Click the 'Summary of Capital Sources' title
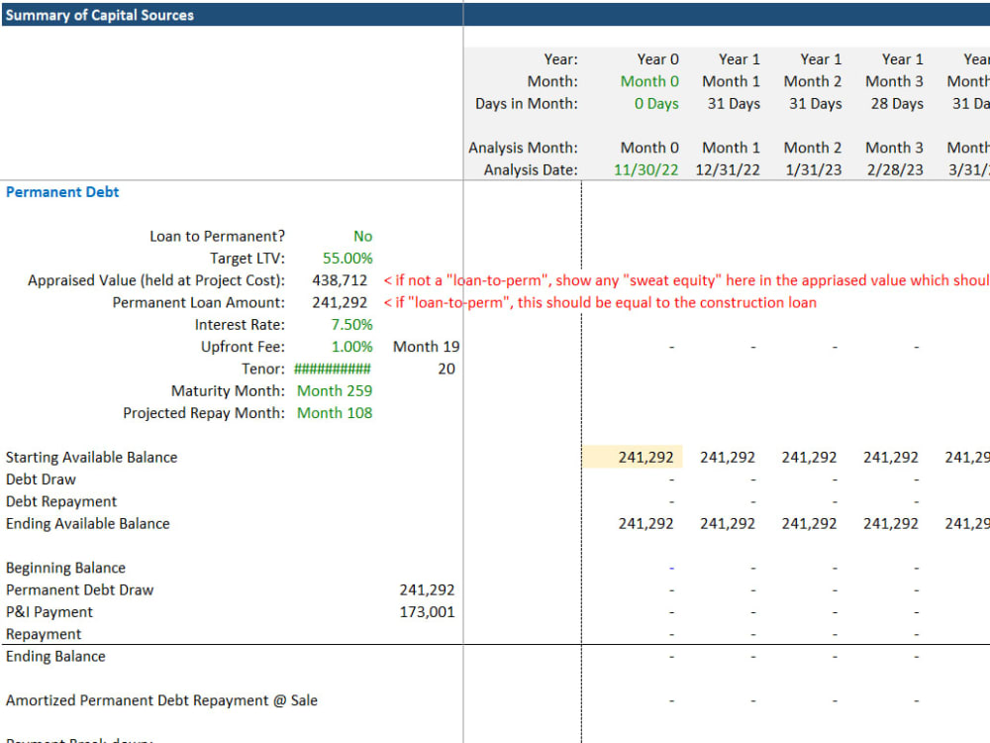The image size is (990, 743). point(100,15)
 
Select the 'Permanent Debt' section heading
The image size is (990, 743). point(62,192)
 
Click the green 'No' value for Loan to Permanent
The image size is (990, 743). point(362,237)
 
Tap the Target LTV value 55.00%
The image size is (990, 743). point(347,259)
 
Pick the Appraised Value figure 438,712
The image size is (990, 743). point(340,280)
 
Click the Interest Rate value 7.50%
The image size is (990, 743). point(351,325)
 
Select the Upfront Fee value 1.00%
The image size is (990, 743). point(351,347)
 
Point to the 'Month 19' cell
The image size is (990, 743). point(426,347)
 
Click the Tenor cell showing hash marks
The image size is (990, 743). point(333,369)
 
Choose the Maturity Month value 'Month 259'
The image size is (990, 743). point(335,391)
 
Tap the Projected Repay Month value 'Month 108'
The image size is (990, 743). point(335,413)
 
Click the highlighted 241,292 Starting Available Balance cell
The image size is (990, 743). point(645,458)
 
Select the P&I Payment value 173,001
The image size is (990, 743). point(427,612)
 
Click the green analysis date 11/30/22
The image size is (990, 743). point(645,169)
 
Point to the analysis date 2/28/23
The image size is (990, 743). point(894,169)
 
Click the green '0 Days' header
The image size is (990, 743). point(656,104)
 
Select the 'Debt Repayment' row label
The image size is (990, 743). point(61,502)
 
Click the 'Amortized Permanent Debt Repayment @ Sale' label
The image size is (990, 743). point(161,700)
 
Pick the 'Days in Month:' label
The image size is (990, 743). point(526,104)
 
